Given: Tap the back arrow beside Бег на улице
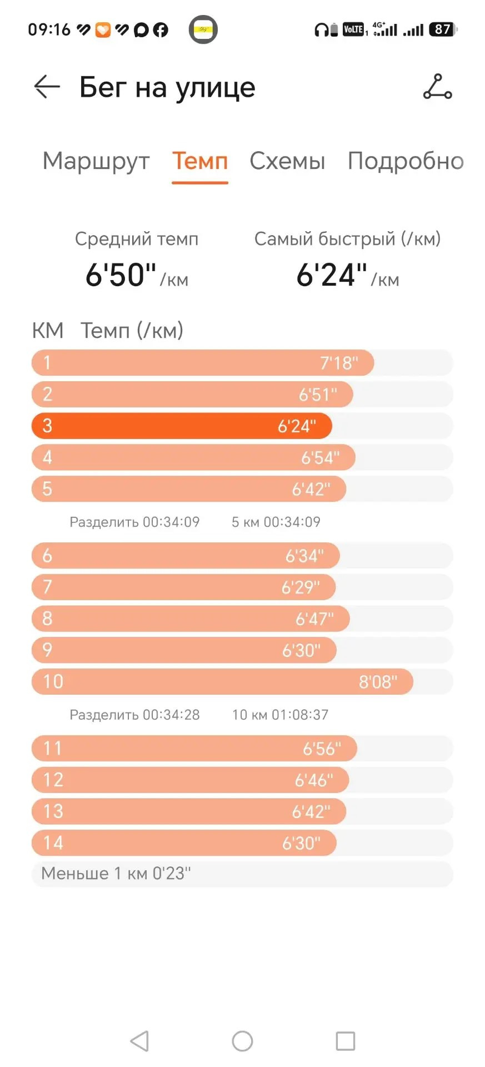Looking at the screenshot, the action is tap(47, 87).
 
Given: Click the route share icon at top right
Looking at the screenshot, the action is tap(438, 87).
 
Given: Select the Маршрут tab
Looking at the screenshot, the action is tap(96, 161).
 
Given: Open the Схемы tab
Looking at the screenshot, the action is tap(287, 161).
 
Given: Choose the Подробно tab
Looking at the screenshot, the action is tap(406, 161).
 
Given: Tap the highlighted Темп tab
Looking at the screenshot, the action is tap(200, 161).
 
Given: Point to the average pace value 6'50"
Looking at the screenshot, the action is tap(121, 275).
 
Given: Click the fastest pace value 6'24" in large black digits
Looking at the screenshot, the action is tap(332, 275).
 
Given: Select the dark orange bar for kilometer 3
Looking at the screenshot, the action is tap(182, 426).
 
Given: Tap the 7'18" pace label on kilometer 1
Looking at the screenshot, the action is tap(339, 363).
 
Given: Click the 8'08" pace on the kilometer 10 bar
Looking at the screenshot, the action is tap(378, 682).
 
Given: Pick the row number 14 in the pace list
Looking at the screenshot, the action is tap(53, 843).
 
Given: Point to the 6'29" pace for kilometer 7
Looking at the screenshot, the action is tap(301, 587).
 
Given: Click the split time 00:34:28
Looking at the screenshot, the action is tap(171, 715).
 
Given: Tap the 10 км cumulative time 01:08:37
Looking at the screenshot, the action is tap(300, 715).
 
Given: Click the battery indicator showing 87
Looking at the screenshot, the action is tap(443, 29).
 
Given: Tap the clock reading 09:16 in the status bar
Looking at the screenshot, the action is tap(49, 29).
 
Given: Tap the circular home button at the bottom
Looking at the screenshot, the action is tap(242, 1041).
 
